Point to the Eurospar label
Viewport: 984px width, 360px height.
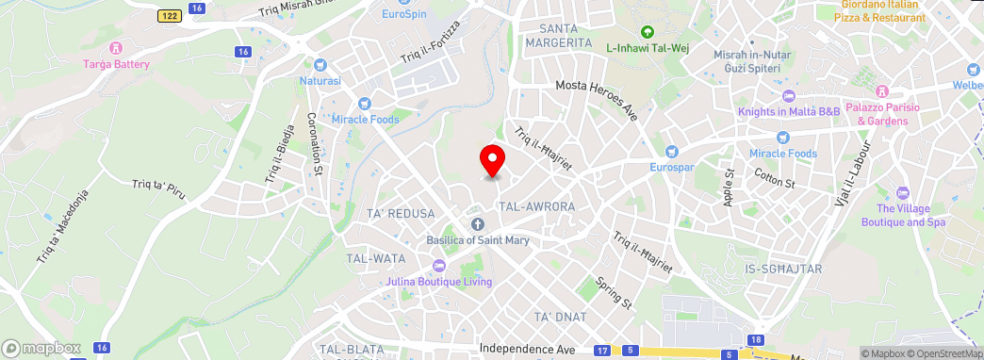pyautogui.click(x=671, y=167)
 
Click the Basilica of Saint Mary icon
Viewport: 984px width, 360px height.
pyautogui.click(x=477, y=223)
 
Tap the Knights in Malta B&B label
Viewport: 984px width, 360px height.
pyautogui.click(x=788, y=112)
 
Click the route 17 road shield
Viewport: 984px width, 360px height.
pyautogui.click(x=601, y=351)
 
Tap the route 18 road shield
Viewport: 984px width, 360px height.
pyautogui.click(x=757, y=339)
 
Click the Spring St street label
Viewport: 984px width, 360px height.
pyautogui.click(x=613, y=293)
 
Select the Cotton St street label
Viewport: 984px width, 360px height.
pyautogui.click(x=776, y=177)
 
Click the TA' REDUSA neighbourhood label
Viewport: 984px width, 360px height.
pyautogui.click(x=401, y=214)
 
